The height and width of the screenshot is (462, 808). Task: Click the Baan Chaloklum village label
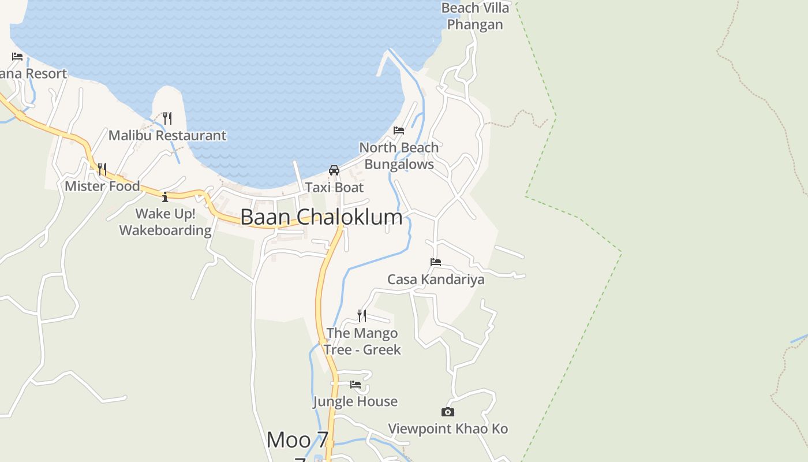[321, 217]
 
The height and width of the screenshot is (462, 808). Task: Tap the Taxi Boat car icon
[334, 170]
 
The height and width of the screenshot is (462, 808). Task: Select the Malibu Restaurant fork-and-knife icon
[167, 118]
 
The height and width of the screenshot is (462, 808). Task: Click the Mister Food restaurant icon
[102, 169]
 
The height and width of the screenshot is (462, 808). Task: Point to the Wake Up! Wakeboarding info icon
[165, 197]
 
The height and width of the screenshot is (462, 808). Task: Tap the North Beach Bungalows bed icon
[399, 131]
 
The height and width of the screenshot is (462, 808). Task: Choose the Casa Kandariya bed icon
[436, 262]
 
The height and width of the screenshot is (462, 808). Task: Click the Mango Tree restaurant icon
[362, 315]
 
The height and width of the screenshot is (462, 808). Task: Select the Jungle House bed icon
[356, 384]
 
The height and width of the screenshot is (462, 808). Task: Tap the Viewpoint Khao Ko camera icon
[448, 412]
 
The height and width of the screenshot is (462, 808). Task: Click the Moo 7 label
[297, 440]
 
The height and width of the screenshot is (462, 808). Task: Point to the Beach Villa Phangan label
[476, 16]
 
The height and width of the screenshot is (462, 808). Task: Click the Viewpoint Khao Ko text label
[448, 429]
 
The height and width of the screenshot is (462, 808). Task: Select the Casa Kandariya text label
[436, 280]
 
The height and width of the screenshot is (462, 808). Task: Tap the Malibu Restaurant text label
[167, 136]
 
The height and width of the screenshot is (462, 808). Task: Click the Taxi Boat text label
[334, 188]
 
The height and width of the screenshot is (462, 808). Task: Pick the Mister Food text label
[102, 186]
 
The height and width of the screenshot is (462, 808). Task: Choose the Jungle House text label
[356, 401]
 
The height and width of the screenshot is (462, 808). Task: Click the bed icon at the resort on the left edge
[17, 57]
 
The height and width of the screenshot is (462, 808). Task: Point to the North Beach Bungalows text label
[399, 156]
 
